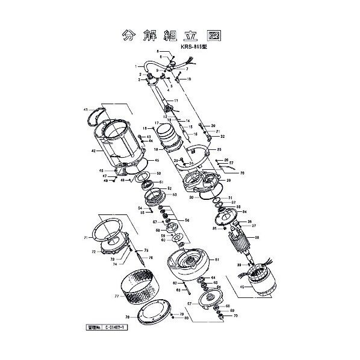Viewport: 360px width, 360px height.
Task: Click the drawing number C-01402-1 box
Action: click(114, 328)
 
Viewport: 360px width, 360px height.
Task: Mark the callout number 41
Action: click(85, 110)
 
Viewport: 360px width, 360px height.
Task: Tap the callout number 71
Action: click(85, 238)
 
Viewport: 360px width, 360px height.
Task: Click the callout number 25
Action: click(219, 149)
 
